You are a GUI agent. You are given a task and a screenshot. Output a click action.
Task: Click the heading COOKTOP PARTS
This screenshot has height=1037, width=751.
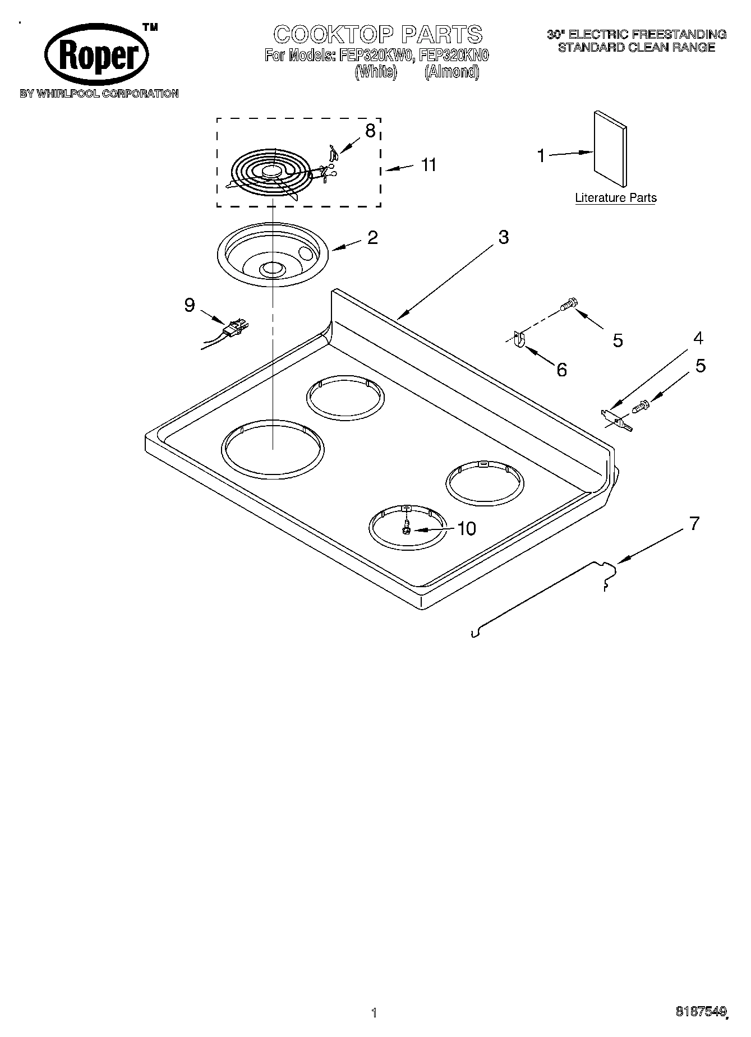pos(378,34)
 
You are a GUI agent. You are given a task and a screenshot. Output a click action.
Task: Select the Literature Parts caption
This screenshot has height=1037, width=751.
pos(616,198)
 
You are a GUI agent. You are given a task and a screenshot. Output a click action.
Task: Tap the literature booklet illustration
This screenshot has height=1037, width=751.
pos(610,148)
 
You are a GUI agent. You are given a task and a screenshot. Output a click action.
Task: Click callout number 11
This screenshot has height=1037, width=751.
pos(428,165)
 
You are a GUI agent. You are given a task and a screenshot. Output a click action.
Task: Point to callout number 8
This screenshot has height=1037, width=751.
pos(370,131)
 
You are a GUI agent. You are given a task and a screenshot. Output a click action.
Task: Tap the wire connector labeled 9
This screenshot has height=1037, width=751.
pos(234,329)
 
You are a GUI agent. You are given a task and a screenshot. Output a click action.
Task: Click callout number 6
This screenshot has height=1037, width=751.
pos(561,370)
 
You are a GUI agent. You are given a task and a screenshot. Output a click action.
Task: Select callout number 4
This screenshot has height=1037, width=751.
pos(698,338)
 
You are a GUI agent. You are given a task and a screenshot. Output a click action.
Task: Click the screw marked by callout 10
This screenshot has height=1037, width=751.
pos(406,528)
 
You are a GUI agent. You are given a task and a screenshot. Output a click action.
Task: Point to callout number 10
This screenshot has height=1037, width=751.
pos(467,528)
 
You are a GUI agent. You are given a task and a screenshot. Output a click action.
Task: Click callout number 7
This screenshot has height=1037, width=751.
pos(694,523)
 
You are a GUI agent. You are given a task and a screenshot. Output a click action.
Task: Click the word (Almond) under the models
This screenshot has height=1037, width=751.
pos(451,72)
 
